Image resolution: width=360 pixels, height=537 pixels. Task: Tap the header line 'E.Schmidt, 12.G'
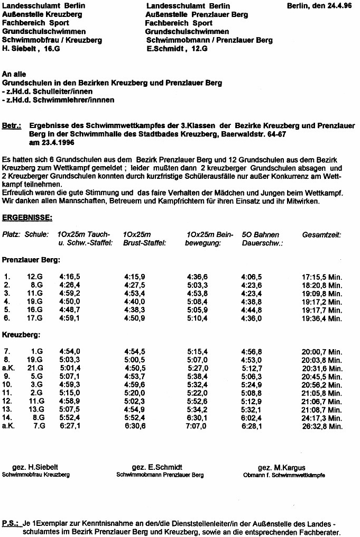[x=177, y=49]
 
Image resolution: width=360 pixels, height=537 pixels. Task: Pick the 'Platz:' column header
[x=12, y=234]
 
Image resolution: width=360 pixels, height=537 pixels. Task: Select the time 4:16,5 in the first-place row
[x=70, y=276]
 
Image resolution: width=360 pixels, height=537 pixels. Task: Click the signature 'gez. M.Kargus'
[x=277, y=468]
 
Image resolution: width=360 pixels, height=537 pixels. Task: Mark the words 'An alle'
[x=14, y=75]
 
